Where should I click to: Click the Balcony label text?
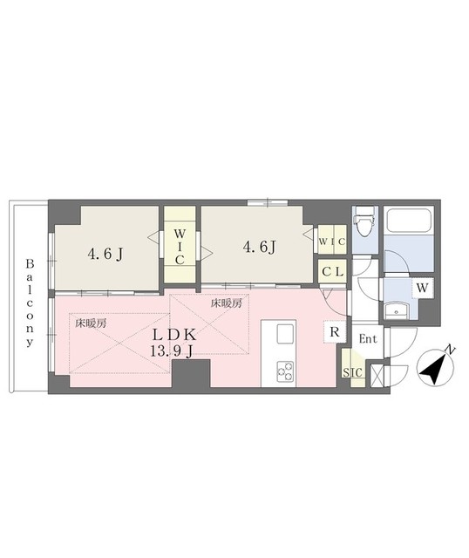coord(30,303)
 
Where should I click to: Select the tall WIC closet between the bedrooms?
coord(180,247)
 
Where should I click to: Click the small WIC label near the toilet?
coord(331,241)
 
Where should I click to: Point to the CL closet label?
coord(331,271)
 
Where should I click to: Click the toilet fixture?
coord(365,223)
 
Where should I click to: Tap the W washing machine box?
coord(422,287)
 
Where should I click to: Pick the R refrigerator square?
coord(334,330)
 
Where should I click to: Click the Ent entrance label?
coord(368,338)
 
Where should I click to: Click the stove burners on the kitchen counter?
coord(285,371)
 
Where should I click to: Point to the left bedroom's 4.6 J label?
coord(104,255)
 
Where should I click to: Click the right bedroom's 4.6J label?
coord(259,247)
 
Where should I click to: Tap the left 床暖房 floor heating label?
coord(91,322)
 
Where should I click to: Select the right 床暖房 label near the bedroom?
coord(226,303)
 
